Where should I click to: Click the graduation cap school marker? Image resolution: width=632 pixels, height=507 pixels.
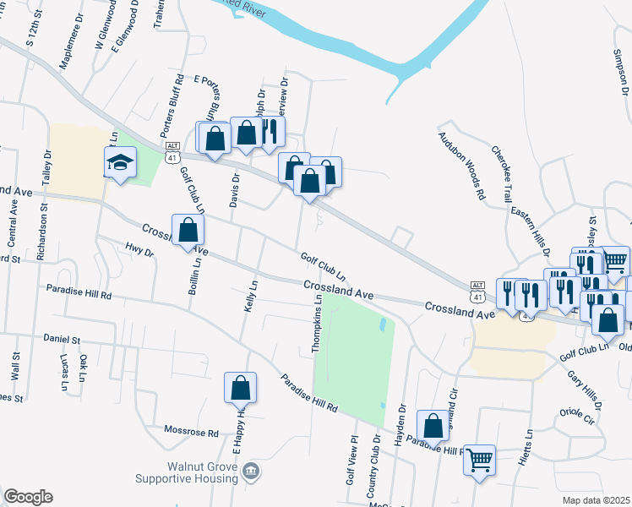(120, 161)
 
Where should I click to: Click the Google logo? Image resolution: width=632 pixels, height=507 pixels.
(28, 497)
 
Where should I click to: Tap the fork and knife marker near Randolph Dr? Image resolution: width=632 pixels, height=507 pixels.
(270, 132)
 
